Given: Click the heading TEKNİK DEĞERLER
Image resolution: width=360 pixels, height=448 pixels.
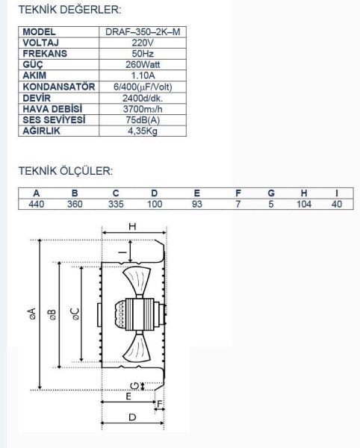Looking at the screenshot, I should [x=69, y=10].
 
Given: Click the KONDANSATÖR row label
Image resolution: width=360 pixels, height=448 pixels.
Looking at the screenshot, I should [x=59, y=87].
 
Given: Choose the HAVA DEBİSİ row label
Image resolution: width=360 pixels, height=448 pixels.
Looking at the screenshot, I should [x=53, y=108].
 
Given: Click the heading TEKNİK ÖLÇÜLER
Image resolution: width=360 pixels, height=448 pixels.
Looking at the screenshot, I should [x=65, y=171].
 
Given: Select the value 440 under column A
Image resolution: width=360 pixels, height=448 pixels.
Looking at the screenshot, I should [x=36, y=204].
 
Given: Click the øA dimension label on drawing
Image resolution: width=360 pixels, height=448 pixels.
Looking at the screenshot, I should [x=31, y=314].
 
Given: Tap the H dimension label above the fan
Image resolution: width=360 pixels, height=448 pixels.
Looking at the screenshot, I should [x=132, y=225].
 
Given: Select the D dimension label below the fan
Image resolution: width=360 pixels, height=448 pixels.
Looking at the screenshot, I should [x=131, y=418].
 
